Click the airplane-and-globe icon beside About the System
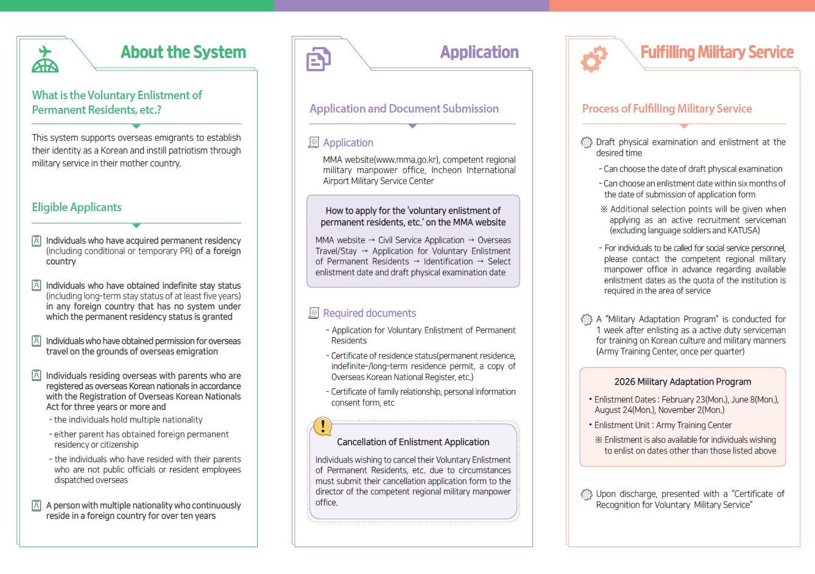click(45, 60)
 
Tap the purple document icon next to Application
click(318, 60)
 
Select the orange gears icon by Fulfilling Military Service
click(593, 59)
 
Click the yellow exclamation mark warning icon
click(322, 427)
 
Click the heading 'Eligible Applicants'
click(77, 207)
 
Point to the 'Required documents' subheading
click(369, 313)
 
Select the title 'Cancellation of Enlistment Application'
click(413, 442)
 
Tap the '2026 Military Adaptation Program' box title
click(682, 382)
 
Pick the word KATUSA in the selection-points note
click(744, 231)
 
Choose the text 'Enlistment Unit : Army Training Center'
click(663, 425)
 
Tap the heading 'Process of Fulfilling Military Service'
click(667, 109)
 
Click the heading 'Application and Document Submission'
click(404, 109)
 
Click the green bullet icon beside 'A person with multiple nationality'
click(37, 505)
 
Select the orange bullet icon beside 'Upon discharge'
click(586, 494)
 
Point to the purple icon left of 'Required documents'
click(314, 313)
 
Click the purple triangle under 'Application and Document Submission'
click(412, 126)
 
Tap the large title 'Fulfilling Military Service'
click(717, 52)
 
